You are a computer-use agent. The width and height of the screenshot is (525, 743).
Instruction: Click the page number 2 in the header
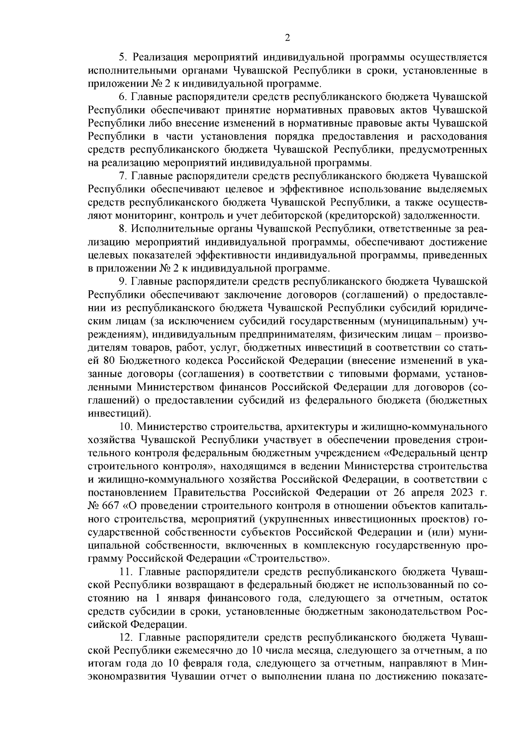tap(287, 38)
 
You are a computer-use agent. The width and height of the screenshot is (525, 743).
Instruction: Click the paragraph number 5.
tap(123, 57)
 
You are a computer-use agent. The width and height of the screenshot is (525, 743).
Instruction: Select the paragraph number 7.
tap(123, 176)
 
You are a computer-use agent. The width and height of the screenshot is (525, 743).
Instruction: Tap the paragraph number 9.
tap(123, 281)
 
